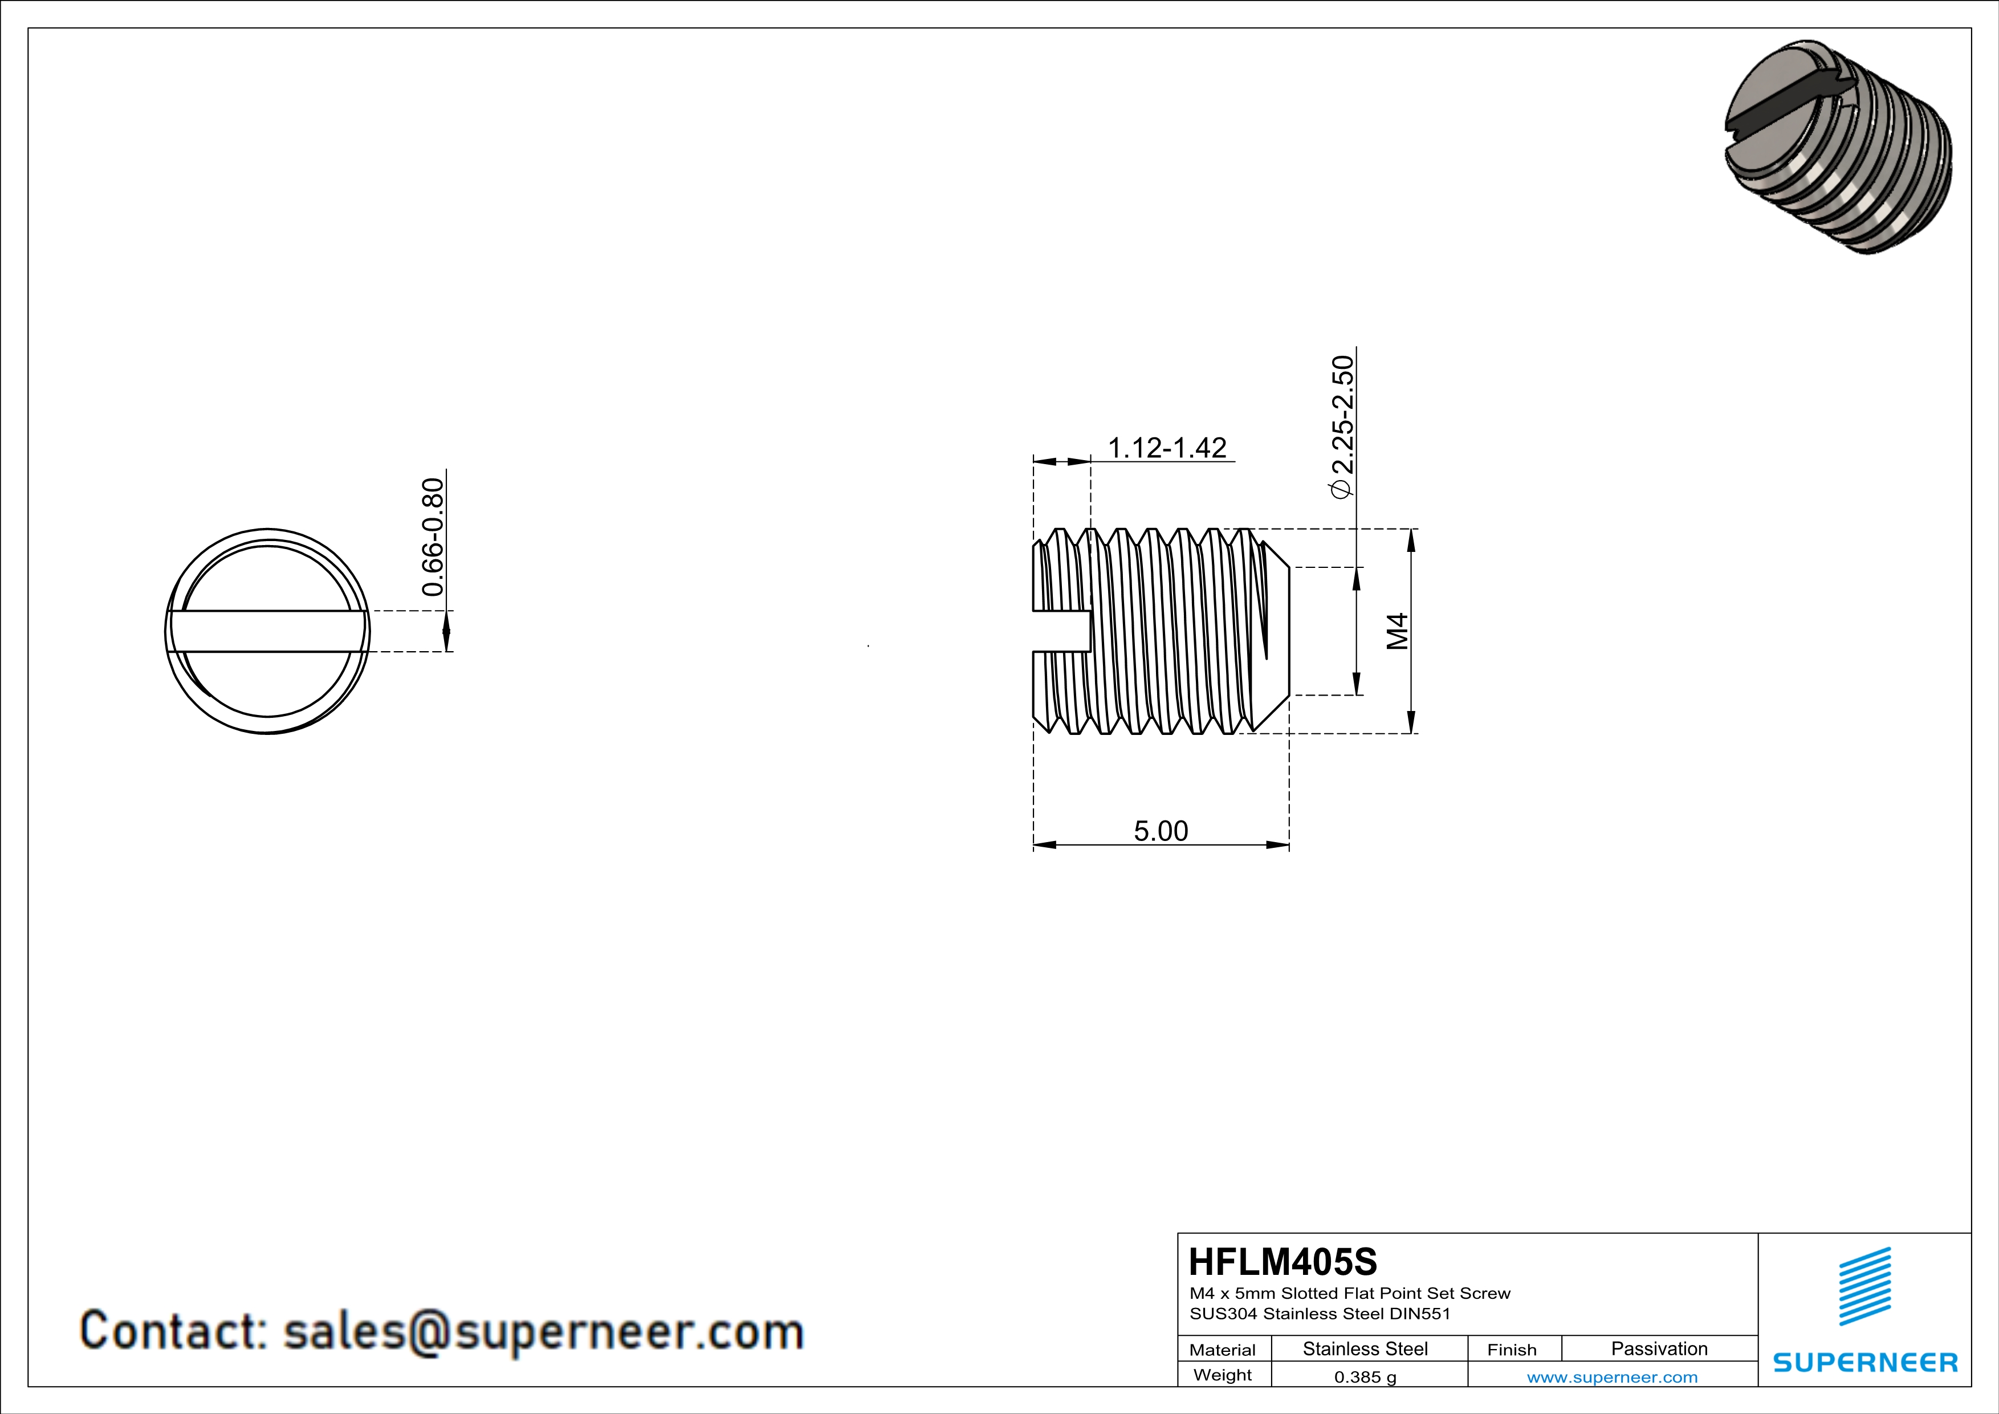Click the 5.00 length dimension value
1161,831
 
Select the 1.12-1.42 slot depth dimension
1167,448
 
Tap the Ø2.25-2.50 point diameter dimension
1342,426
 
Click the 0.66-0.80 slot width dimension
433,537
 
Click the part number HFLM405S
1283,1262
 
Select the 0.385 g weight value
1365,1376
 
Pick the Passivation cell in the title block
1659,1348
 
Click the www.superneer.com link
1611,1376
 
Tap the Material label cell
1223,1350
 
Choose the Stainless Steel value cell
1365,1348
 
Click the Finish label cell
1512,1350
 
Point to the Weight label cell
1223,1375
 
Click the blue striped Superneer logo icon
1864,1287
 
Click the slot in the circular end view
267,631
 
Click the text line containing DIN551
1320,1314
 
